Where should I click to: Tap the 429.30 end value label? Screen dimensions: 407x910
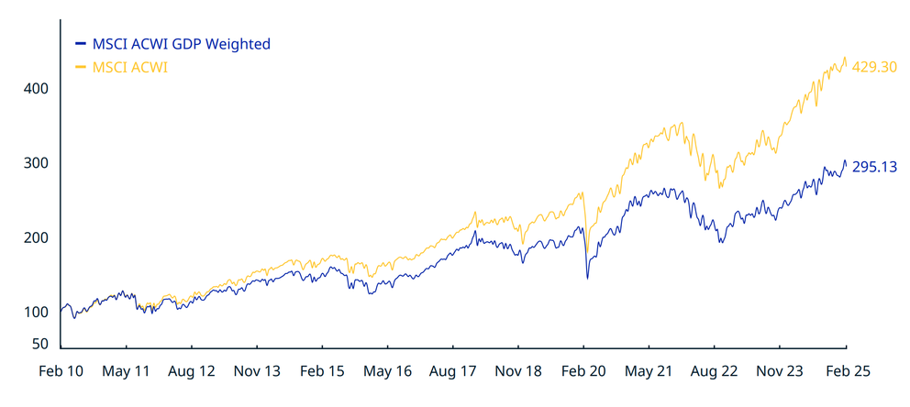tap(873, 67)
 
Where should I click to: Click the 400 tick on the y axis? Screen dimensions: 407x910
tap(36, 89)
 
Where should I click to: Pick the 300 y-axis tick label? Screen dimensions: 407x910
tap(36, 163)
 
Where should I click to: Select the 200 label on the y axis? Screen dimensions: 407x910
tap(36, 237)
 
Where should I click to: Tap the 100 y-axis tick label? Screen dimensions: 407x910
tap(36, 312)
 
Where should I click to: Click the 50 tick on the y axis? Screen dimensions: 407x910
tap(39, 344)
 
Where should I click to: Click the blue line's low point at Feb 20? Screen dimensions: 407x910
tap(587, 278)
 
